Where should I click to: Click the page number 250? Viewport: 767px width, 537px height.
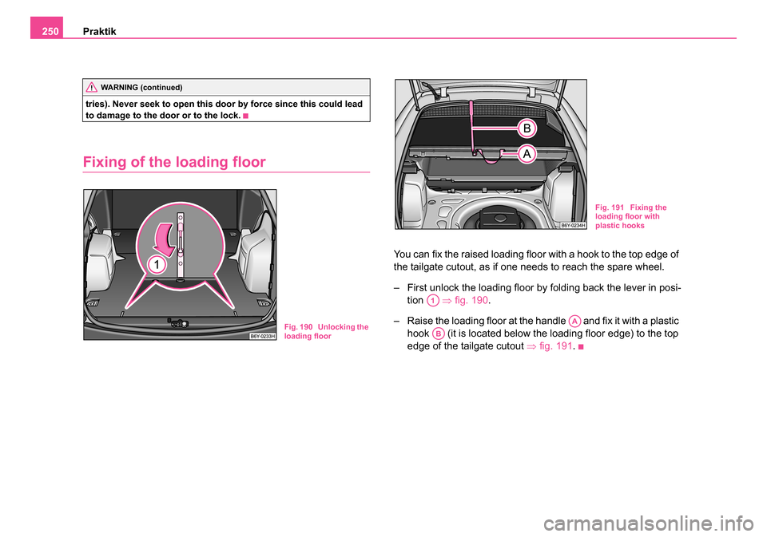click(x=50, y=32)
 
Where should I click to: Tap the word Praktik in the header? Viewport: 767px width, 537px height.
click(x=99, y=32)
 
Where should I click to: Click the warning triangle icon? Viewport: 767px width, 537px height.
click(x=91, y=88)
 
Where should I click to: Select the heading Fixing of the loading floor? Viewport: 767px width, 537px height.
click(x=174, y=162)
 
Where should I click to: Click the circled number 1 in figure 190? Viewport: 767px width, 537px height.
click(x=157, y=265)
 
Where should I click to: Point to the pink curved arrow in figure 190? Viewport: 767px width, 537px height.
click(x=165, y=240)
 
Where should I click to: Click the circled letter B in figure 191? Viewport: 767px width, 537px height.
click(x=527, y=128)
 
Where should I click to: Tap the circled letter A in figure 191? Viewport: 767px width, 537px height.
click(x=527, y=154)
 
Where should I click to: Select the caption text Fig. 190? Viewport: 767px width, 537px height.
click(x=298, y=327)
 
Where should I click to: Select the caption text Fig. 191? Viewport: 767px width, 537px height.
click(x=610, y=207)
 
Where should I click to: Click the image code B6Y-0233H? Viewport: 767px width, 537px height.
click(x=263, y=336)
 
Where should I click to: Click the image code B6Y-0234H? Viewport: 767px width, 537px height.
click(x=573, y=225)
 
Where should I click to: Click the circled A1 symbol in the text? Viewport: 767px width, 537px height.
click(x=432, y=301)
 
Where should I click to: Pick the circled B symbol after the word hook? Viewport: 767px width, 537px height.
click(x=439, y=334)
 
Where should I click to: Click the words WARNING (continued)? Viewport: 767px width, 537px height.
click(x=141, y=88)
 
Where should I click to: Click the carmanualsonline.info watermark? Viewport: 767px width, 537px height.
click(x=648, y=523)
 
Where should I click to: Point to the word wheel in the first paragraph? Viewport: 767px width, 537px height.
click(x=650, y=267)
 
